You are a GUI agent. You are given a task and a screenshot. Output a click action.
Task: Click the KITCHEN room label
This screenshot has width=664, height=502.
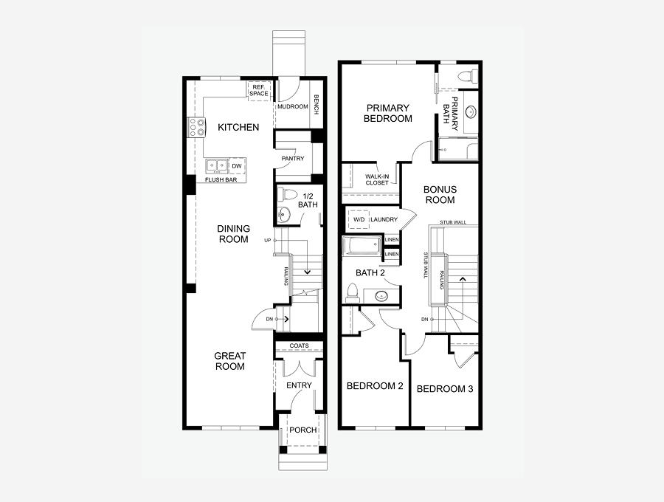[238, 127]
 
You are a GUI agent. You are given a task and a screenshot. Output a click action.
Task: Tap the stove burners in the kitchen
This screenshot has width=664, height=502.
[197, 127]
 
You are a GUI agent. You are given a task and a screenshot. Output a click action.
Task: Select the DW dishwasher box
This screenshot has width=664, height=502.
[237, 166]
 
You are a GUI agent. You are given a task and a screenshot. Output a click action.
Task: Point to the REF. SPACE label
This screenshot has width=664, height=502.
[258, 90]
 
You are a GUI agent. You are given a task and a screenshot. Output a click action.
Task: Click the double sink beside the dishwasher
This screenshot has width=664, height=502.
[217, 166]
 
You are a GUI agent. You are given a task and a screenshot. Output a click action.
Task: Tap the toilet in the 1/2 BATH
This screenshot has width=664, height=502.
[287, 194]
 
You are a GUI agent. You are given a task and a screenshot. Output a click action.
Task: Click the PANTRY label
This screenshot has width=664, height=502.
[293, 159]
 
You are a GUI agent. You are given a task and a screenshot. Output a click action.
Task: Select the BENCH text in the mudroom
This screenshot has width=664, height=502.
[316, 104]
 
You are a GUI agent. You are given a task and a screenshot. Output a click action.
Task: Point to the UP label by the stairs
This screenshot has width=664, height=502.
[267, 240]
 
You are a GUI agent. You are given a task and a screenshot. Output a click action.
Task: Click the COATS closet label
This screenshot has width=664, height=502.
[300, 345]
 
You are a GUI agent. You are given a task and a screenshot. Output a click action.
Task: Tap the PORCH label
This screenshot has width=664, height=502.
[303, 430]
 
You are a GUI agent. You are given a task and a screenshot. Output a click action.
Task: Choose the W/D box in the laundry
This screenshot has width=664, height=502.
[359, 219]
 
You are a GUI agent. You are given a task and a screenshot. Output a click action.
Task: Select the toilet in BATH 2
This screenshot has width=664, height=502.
[353, 293]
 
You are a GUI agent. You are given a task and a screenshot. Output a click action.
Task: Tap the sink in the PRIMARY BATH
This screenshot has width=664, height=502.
[471, 112]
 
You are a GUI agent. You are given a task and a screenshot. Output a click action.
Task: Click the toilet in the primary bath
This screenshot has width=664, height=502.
[467, 76]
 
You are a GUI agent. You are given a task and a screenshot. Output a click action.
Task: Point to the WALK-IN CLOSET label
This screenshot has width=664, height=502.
[377, 179]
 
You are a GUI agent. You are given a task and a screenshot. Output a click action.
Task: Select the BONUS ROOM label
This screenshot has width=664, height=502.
[440, 194]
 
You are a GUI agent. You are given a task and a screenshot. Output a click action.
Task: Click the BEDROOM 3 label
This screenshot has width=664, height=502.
[445, 389]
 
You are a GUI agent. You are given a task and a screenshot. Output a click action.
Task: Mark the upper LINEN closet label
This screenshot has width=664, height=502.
[392, 240]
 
